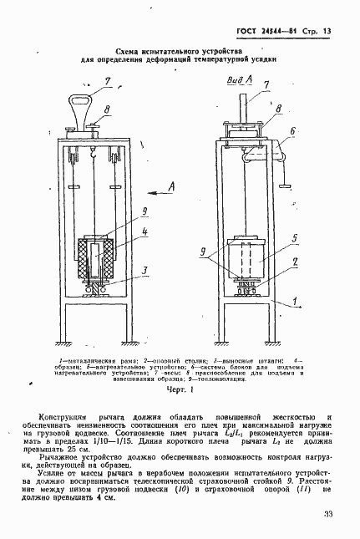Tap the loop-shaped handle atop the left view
click(82, 109)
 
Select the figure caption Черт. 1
click(180, 389)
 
